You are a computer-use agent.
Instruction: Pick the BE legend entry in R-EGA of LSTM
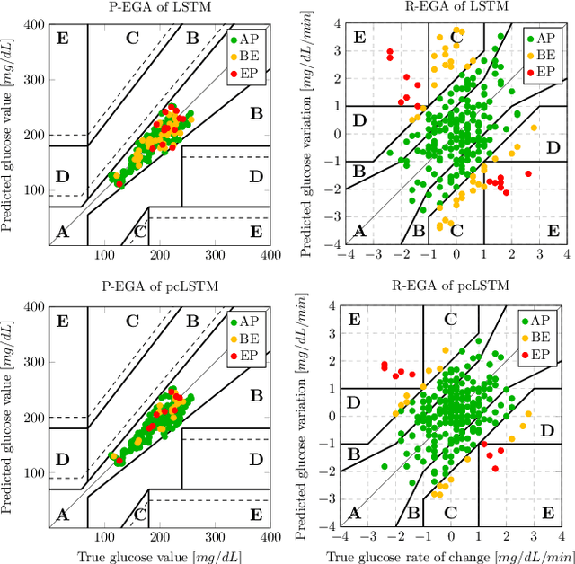tap(541, 55)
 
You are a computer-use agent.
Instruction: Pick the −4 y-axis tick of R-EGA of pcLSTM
tap(329, 526)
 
